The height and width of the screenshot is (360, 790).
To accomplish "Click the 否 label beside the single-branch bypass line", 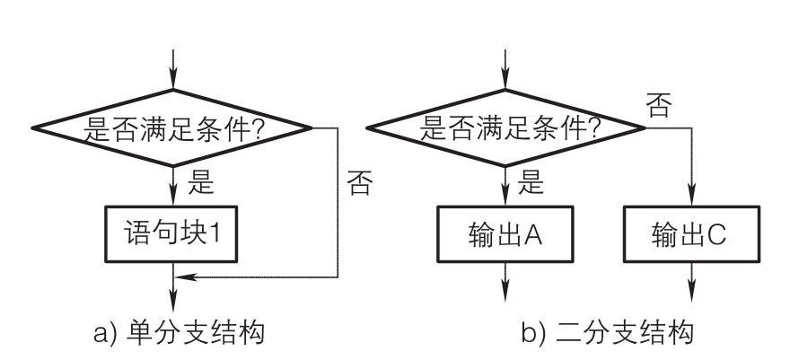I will (359, 185).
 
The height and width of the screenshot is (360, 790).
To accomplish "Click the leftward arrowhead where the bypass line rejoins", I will (180, 277).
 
